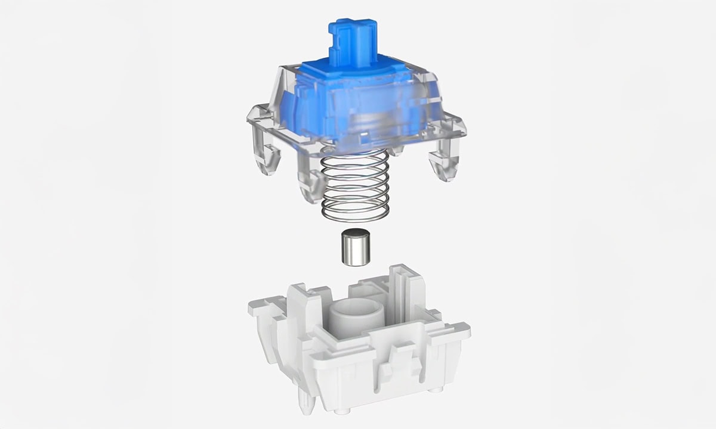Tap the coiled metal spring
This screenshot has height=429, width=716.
[356, 185]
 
